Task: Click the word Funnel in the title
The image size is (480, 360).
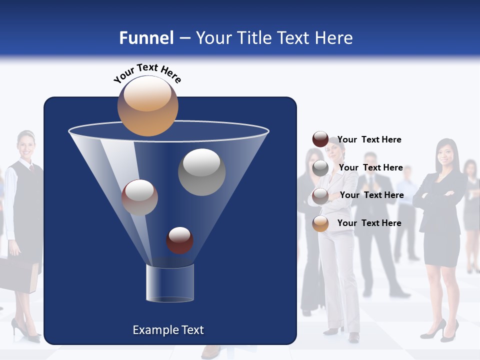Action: pos(146,38)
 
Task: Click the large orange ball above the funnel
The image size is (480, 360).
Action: pos(147,105)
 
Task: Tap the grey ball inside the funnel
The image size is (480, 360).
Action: pos(201,172)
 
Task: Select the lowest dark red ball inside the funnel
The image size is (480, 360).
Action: pos(180,240)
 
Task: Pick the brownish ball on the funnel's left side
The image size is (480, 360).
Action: pos(139,197)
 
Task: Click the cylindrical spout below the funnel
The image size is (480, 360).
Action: pos(170,283)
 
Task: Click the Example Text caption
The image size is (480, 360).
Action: pos(168,330)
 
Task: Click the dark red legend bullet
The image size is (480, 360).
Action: pos(320,139)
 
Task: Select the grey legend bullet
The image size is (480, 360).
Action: pos(320,168)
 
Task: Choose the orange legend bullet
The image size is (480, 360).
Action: pos(320,223)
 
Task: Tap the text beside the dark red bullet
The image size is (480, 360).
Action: pos(369,140)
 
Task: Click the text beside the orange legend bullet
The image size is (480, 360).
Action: pos(369,223)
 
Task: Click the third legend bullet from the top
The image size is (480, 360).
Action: pos(320,196)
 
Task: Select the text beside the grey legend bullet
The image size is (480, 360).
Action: pos(370,167)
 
